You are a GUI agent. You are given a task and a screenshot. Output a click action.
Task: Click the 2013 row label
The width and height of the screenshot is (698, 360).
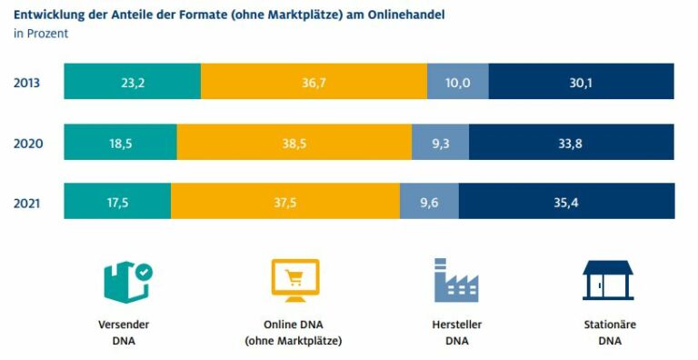click(x=26, y=83)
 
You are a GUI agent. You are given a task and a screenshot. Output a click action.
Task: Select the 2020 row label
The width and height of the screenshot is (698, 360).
click(x=28, y=144)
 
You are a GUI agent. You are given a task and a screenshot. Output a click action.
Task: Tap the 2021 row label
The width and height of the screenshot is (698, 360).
click(x=26, y=203)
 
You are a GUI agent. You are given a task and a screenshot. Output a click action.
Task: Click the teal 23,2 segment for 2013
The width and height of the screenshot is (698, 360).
click(x=132, y=81)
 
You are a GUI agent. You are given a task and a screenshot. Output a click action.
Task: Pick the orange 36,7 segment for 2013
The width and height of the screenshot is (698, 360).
click(x=314, y=81)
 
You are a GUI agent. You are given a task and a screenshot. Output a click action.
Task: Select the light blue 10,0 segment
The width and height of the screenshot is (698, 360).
click(x=458, y=81)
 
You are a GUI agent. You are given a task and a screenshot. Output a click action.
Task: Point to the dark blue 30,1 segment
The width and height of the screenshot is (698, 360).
click(x=581, y=81)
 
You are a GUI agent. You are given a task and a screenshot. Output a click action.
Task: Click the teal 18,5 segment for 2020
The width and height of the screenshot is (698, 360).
click(x=120, y=142)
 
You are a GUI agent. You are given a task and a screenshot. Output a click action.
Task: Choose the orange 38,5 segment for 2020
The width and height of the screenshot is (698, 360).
click(x=294, y=142)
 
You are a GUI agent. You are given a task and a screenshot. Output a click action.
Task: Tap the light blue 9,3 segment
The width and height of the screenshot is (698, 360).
click(x=440, y=142)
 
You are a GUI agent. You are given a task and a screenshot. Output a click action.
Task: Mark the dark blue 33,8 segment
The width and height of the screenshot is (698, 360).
click(x=571, y=142)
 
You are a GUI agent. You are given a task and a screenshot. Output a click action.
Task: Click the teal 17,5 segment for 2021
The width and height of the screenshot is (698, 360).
click(x=117, y=201)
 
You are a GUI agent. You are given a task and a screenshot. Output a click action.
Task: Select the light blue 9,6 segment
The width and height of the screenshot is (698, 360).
click(x=429, y=201)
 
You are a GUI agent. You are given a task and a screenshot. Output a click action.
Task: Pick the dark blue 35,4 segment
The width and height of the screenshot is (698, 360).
click(x=567, y=201)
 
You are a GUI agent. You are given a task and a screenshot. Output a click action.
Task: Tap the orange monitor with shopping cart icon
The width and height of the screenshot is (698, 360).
click(x=295, y=281)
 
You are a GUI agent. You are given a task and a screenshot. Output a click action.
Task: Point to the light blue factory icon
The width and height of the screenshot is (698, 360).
click(x=456, y=280)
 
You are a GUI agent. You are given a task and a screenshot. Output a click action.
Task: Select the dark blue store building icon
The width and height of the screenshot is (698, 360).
click(x=608, y=281)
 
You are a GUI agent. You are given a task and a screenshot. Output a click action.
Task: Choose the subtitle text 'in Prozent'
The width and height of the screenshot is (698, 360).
click(x=41, y=34)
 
